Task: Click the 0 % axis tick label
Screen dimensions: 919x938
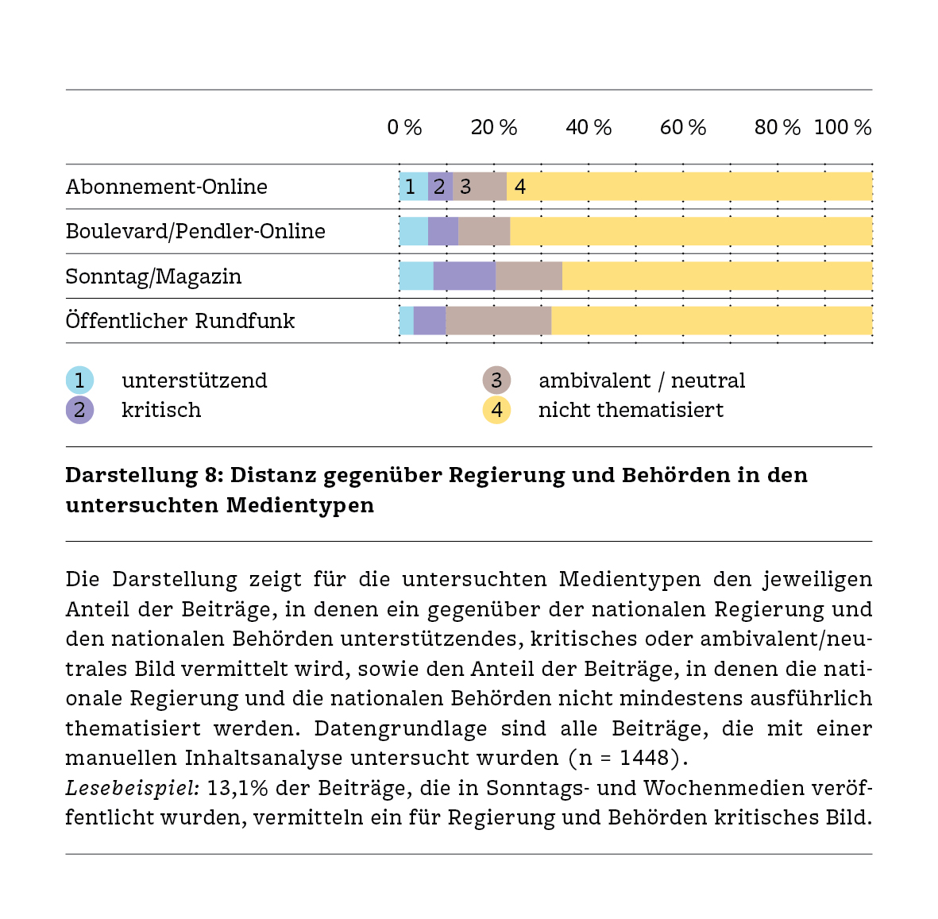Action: click(x=404, y=127)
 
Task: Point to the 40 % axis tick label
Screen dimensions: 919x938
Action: click(x=589, y=127)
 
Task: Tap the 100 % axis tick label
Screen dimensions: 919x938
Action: click(x=842, y=127)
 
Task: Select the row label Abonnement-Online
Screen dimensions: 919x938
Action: click(x=166, y=187)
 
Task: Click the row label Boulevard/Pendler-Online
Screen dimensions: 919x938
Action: click(x=195, y=231)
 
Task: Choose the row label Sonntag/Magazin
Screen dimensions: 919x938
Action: click(x=153, y=276)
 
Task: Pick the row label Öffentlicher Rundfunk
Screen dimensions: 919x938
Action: click(x=180, y=321)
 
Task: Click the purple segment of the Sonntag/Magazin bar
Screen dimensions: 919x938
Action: click(x=465, y=276)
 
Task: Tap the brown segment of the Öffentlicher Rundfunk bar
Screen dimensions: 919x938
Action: click(x=498, y=321)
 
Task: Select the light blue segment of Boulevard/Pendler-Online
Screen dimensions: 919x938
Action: click(x=413, y=231)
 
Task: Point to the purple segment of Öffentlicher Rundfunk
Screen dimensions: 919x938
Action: click(x=430, y=321)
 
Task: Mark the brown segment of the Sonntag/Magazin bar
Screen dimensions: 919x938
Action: click(x=529, y=276)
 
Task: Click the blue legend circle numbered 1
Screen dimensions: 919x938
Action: click(x=79, y=380)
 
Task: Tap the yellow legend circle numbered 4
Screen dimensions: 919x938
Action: click(x=496, y=410)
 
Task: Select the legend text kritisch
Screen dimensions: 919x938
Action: click(x=161, y=410)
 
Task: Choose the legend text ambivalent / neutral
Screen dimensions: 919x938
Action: click(x=642, y=380)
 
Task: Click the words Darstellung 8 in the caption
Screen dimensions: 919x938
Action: click(x=144, y=475)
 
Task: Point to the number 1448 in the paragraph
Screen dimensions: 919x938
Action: click(x=644, y=758)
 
